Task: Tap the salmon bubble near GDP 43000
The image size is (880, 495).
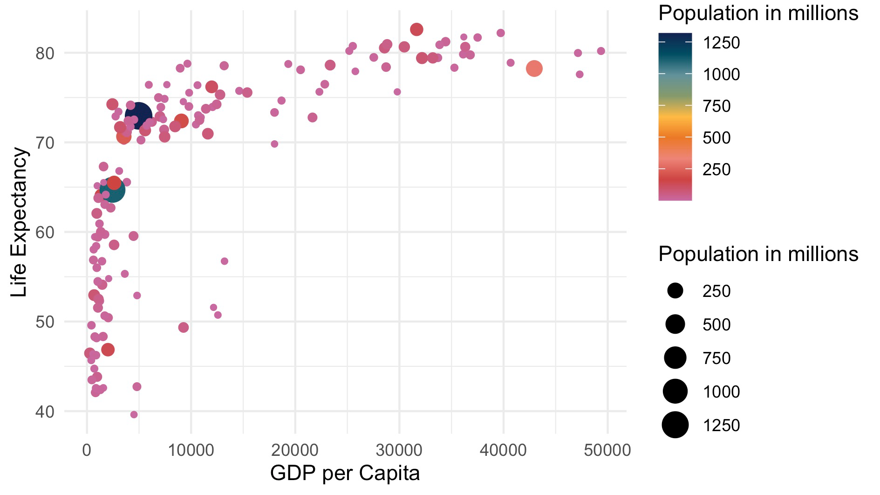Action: click(x=534, y=69)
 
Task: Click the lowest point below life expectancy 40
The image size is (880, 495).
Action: click(x=134, y=414)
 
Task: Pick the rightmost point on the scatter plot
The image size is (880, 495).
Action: click(x=601, y=51)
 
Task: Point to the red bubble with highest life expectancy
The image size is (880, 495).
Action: click(x=416, y=29)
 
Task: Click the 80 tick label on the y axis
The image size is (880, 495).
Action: click(x=45, y=53)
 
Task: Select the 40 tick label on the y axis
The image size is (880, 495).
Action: click(x=45, y=411)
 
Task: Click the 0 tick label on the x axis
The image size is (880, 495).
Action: click(x=87, y=450)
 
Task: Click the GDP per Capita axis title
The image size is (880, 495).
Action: click(x=345, y=473)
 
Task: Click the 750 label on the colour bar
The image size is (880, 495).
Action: click(x=716, y=106)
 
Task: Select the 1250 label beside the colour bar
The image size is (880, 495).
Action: click(x=721, y=43)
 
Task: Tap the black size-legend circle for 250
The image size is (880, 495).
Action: click(x=675, y=291)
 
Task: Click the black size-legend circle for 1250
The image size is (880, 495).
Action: click(x=675, y=425)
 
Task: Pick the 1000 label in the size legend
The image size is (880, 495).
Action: click(x=721, y=392)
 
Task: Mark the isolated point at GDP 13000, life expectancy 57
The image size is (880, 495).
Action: click(x=225, y=261)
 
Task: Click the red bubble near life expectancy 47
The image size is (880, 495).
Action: click(x=108, y=350)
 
